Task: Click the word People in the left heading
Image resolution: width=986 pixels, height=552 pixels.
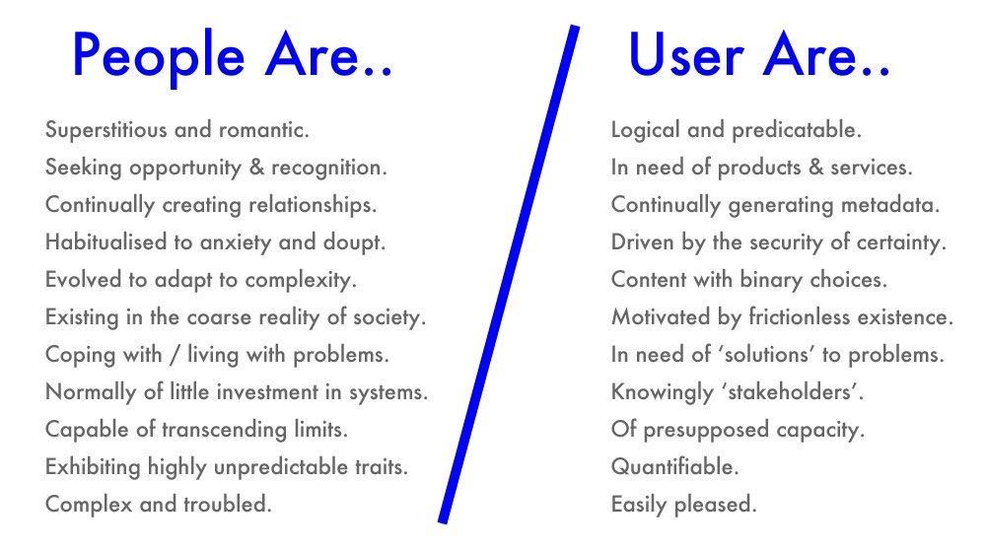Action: tap(159, 56)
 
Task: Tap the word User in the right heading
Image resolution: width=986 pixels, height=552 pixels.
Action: tap(686, 55)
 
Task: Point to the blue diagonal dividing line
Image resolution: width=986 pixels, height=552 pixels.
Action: tap(508, 274)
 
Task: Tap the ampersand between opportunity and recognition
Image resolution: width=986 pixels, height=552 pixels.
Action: tap(256, 168)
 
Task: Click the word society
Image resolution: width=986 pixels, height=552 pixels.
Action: tap(389, 317)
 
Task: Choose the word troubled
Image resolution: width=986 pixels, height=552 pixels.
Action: tap(228, 505)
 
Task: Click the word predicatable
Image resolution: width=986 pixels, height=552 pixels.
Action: tap(797, 130)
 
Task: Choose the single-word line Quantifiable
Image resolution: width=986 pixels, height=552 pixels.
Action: tap(674, 467)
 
